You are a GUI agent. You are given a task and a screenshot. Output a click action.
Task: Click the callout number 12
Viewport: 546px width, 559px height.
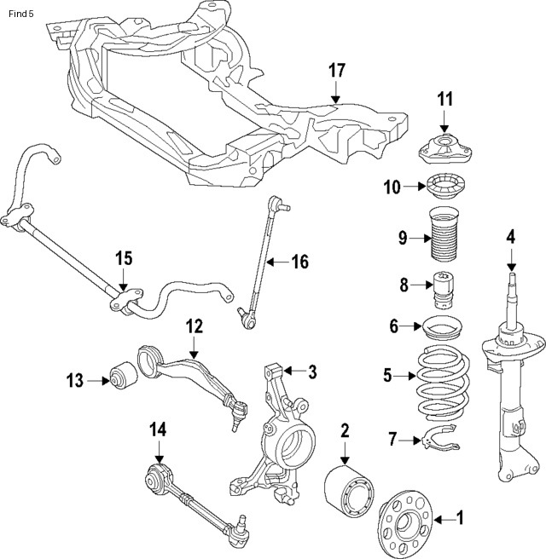click(194, 326)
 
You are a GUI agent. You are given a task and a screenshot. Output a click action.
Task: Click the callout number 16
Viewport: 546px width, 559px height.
click(299, 262)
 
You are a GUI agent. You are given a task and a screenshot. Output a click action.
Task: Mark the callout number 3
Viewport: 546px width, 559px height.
click(312, 371)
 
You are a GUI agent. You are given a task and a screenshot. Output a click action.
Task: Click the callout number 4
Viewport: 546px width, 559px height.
click(511, 236)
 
